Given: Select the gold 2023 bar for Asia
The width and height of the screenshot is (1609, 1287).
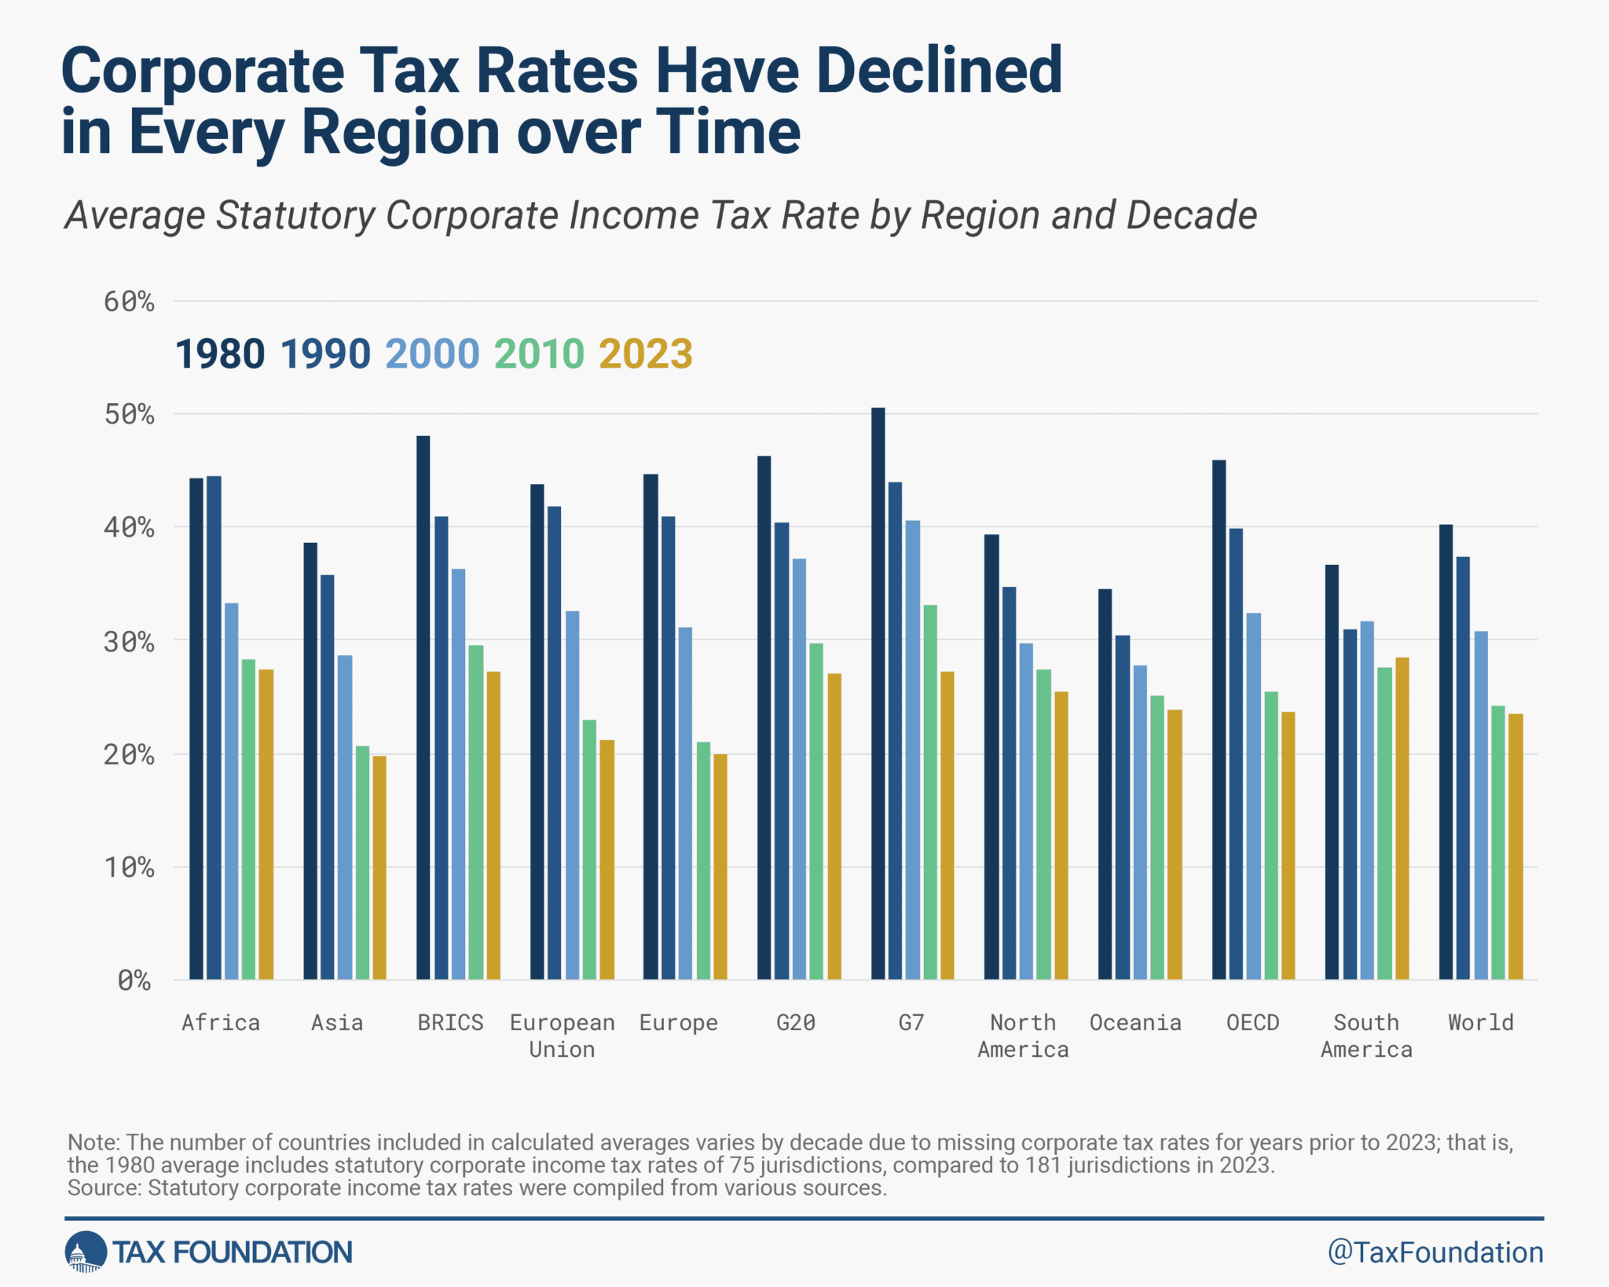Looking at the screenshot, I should [379, 867].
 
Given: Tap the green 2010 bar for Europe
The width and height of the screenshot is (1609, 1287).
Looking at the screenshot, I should [703, 860].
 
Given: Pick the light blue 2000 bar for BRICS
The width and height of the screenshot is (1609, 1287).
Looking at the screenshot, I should [458, 774].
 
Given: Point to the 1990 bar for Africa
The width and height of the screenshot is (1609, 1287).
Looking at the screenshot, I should [214, 728].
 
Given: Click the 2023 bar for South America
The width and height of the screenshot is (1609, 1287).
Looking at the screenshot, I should [1402, 818].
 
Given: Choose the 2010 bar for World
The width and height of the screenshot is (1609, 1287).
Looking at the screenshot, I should [1498, 842].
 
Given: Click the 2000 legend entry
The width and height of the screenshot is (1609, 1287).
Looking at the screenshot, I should [432, 354].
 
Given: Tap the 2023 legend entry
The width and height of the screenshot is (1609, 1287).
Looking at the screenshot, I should [646, 354].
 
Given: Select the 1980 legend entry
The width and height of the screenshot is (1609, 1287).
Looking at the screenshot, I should [220, 354].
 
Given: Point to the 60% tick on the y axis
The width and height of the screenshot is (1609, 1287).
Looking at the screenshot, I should [130, 302].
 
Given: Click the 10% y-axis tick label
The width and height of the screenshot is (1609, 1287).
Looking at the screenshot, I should [130, 867].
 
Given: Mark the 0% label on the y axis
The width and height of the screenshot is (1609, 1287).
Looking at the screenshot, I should [134, 980].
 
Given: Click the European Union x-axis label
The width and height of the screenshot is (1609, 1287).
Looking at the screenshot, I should [562, 1036].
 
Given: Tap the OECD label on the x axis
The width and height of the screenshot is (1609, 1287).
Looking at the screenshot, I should [1252, 1022].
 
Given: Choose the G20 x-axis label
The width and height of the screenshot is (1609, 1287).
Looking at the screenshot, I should [796, 1022].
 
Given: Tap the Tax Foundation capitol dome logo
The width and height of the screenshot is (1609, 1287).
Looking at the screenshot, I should [85, 1252].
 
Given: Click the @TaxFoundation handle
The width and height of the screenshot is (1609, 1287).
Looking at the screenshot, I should [1435, 1252].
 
